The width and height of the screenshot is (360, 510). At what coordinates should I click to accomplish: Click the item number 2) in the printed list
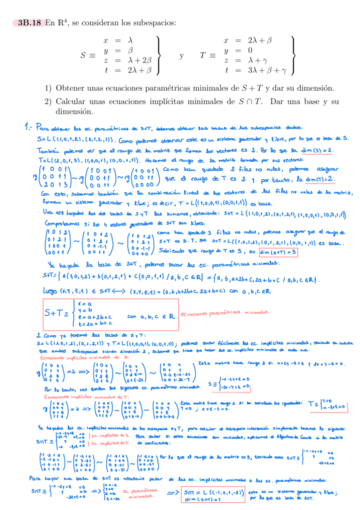tap(47, 102)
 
